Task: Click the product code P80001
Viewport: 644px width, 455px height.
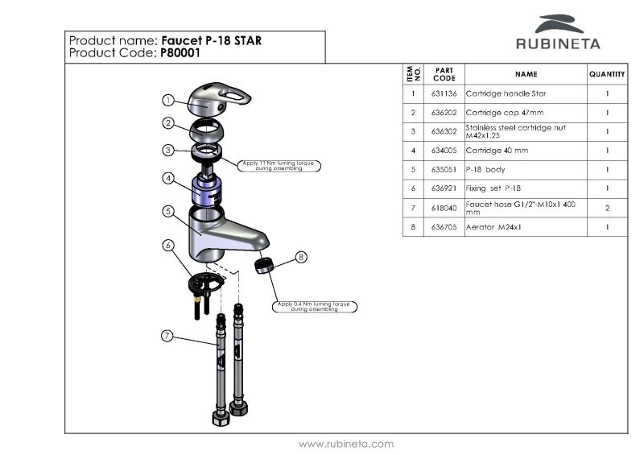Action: [x=180, y=53]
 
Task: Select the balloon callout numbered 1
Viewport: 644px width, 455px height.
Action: [x=167, y=100]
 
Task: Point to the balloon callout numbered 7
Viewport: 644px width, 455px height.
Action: [x=167, y=335]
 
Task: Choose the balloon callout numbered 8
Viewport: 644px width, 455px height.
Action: [x=301, y=258]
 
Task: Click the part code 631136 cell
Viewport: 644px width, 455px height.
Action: [x=444, y=93]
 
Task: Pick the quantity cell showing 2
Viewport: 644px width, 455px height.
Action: [x=606, y=209]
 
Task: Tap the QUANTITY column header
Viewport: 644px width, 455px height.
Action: [x=606, y=74]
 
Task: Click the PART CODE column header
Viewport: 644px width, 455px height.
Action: [x=444, y=74]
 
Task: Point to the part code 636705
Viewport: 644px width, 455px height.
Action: [x=444, y=228]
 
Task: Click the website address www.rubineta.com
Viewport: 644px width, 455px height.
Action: [x=346, y=444]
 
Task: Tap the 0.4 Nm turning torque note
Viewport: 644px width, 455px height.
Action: [x=314, y=307]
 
